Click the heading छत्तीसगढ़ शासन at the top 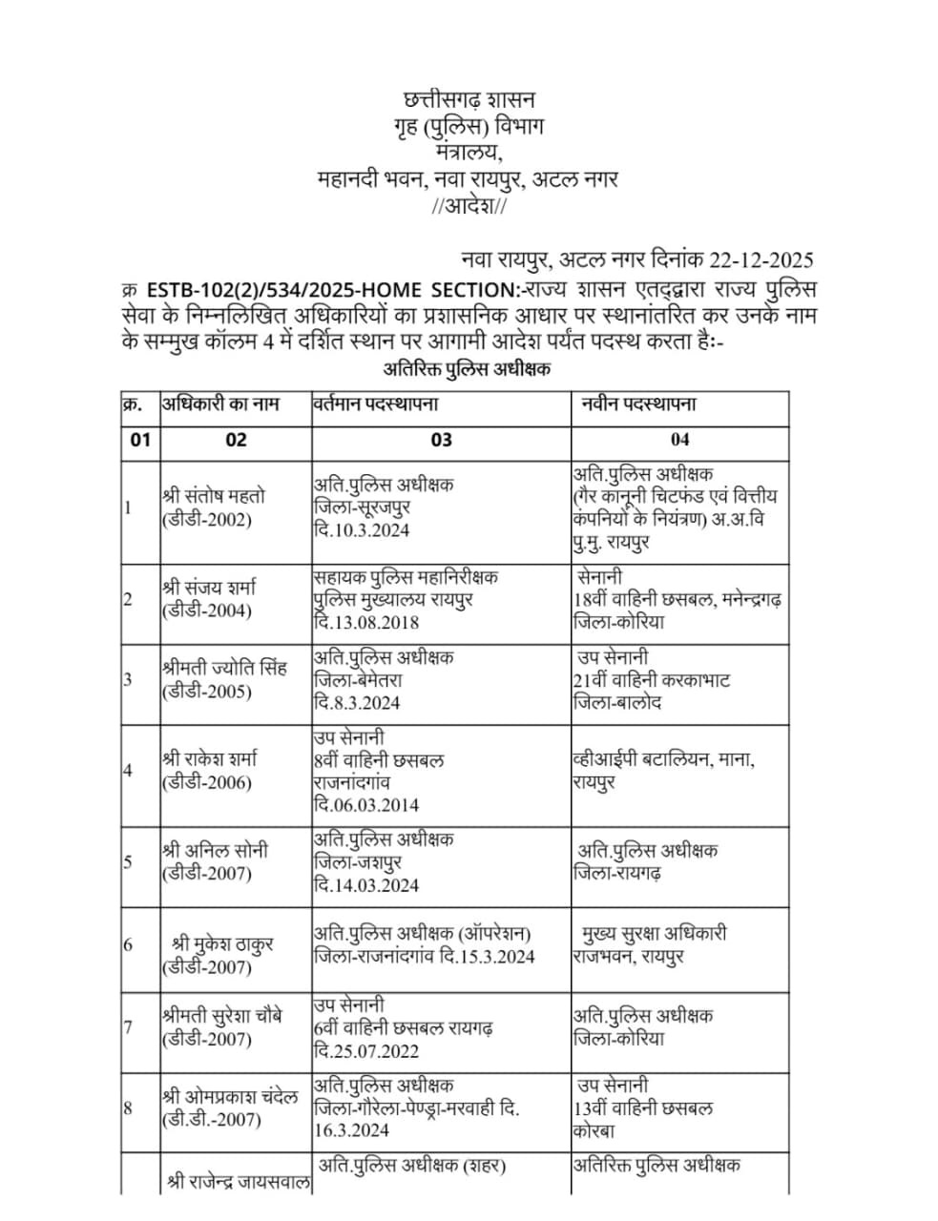(x=469, y=99)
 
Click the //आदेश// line (x=469, y=206)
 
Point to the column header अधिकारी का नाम (x=220, y=404)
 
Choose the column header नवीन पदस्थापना (x=638, y=404)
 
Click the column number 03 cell (x=441, y=440)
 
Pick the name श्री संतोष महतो (x=215, y=496)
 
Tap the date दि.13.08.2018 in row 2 (x=366, y=622)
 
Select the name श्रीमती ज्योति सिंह (x=225, y=668)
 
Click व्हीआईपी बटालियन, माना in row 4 (x=664, y=760)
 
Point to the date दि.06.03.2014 (x=366, y=805)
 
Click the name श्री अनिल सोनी (x=215, y=850)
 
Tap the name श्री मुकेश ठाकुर (x=221, y=944)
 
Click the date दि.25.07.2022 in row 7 (x=366, y=1051)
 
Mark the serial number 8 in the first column (x=127, y=1107)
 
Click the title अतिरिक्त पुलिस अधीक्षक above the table (x=467, y=369)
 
